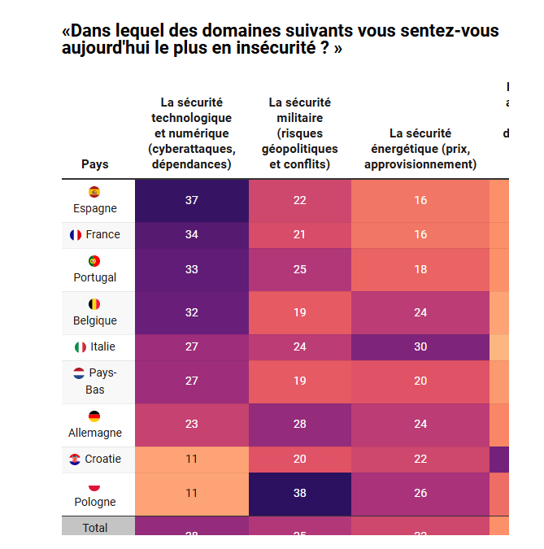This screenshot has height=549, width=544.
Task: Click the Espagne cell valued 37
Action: pos(192,200)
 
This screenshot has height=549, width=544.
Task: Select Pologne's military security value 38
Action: pos(300,494)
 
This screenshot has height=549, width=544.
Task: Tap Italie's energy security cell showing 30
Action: pos(420,346)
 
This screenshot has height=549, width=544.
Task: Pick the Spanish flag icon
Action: pos(94,192)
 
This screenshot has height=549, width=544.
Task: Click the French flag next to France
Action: pos(76,235)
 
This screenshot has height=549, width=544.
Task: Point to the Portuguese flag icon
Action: pos(94,261)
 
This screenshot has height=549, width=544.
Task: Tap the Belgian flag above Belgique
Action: pos(94,304)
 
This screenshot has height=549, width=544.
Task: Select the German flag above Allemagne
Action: pos(94,416)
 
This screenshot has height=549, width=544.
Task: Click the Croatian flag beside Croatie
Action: pos(76,460)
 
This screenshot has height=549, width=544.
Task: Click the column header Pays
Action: pos(94,164)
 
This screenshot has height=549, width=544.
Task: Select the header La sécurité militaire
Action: pos(300,133)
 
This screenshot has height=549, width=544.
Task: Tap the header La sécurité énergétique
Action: pos(420,148)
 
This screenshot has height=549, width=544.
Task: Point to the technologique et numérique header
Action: pos(192,133)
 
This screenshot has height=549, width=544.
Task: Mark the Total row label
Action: pos(94,528)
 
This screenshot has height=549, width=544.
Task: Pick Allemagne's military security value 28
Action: pos(300,425)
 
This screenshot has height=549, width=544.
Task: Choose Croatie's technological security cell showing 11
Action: pos(192,459)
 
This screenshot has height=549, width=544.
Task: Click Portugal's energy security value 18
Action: pos(420,269)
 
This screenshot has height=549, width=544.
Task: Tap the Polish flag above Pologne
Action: pos(94,486)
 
